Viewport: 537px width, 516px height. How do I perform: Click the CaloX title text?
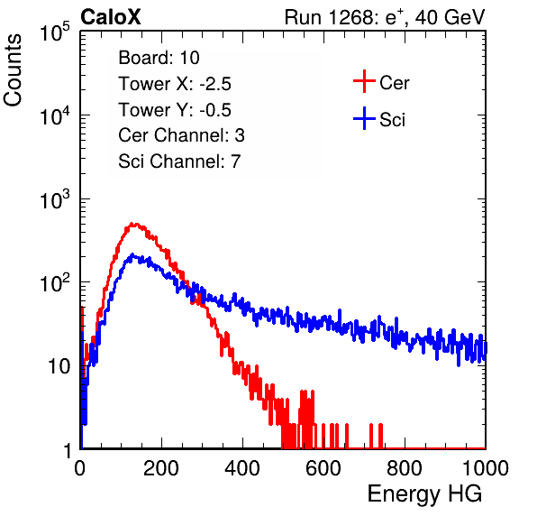[x=110, y=17]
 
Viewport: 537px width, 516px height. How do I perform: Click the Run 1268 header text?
[x=385, y=17]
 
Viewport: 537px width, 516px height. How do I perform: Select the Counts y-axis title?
[x=13, y=70]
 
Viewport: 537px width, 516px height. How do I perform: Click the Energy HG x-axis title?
[x=424, y=493]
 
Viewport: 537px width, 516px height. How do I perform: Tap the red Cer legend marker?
[x=364, y=81]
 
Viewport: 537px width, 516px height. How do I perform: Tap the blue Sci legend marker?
[x=364, y=118]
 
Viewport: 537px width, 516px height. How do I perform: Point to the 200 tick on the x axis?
[x=161, y=467]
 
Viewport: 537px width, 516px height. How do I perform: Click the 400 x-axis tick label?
[x=242, y=467]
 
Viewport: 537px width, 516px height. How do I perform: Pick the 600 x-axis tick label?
[x=323, y=467]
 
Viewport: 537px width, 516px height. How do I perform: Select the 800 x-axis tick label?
[x=405, y=467]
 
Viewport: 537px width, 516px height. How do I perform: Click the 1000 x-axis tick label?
[x=486, y=467]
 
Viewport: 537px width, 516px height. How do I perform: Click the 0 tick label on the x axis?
[x=79, y=467]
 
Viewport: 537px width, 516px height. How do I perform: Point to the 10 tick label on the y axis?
[x=59, y=366]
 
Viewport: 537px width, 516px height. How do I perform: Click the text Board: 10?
[x=159, y=58]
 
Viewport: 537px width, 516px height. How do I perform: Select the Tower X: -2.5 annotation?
[x=175, y=84]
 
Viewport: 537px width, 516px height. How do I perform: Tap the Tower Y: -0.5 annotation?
[x=175, y=110]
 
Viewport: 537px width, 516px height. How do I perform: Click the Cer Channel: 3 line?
[x=181, y=135]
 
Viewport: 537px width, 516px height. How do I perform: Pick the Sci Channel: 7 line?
[x=179, y=161]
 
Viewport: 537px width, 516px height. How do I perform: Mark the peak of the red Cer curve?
[x=133, y=225]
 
